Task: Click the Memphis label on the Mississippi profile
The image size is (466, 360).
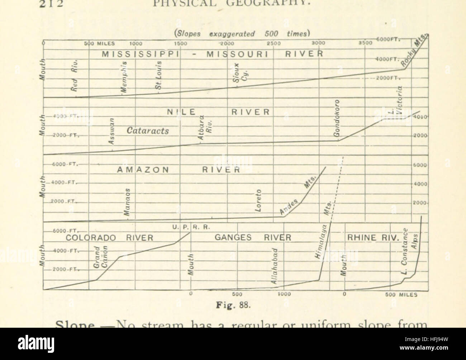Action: point(124,79)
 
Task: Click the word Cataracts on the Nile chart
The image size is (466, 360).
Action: point(148,131)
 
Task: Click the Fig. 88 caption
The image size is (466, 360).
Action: point(235,305)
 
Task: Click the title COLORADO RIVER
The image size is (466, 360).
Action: point(109,238)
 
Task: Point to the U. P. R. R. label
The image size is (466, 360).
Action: point(190,227)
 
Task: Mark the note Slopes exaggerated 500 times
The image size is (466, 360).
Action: point(241,34)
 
